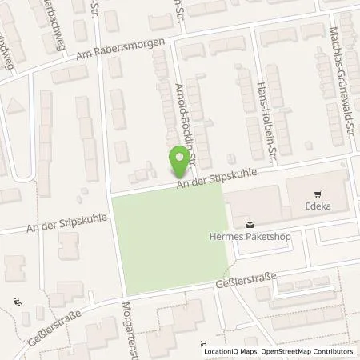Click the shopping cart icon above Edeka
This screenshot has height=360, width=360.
coord(318,193)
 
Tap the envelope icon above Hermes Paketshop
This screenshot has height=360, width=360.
coord(251,224)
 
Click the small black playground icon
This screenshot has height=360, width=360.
coord(18,302)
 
